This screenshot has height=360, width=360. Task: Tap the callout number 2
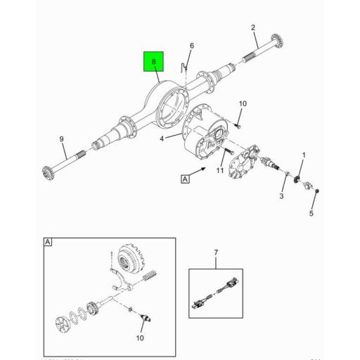(252, 27)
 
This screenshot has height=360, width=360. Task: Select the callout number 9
(62, 139)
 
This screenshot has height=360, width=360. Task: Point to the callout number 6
(191, 47)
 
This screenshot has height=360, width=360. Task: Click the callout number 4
(161, 139)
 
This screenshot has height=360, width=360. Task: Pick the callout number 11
(219, 171)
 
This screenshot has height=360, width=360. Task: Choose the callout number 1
(303, 155)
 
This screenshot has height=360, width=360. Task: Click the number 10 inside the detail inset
(139, 338)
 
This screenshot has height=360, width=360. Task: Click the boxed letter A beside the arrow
(186, 180)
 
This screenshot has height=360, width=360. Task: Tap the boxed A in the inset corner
(47, 243)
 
